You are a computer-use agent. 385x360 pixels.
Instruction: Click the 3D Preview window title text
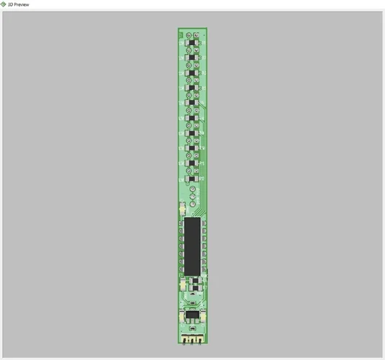19,4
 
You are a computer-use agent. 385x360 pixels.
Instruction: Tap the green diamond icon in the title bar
4,4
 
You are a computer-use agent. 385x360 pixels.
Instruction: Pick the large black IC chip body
192,246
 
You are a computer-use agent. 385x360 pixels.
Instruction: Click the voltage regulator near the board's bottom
192,315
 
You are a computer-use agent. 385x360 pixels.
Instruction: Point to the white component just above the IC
182,210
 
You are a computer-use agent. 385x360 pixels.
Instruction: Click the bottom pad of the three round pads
193,202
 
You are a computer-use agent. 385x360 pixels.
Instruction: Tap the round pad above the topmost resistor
189,35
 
